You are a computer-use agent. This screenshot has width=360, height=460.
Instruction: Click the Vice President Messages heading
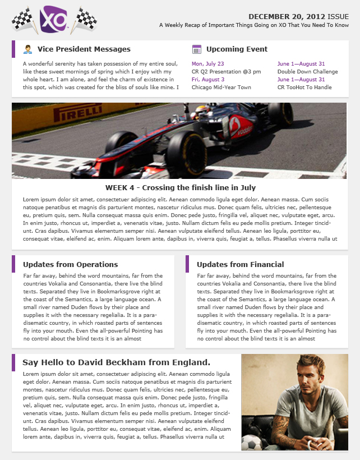(x=84, y=49)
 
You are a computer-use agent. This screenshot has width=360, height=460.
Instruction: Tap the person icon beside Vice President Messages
(x=27, y=49)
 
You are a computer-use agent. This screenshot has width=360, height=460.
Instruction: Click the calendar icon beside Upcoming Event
(x=196, y=49)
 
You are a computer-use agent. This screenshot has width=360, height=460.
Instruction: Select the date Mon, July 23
(x=207, y=64)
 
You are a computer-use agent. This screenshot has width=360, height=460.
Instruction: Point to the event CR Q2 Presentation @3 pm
(x=226, y=72)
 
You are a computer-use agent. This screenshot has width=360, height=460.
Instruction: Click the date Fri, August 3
(x=208, y=80)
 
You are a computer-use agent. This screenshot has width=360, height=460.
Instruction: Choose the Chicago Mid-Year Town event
(x=221, y=88)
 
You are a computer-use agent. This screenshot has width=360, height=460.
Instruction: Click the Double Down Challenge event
(x=307, y=72)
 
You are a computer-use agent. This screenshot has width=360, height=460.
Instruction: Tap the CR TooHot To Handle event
(x=304, y=88)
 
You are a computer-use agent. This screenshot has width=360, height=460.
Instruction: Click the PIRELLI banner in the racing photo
(x=78, y=114)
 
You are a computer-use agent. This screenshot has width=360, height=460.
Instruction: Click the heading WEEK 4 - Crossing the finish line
(x=180, y=187)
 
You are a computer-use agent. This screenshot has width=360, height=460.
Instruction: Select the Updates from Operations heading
(x=70, y=264)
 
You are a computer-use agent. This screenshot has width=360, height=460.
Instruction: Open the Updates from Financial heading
(x=240, y=264)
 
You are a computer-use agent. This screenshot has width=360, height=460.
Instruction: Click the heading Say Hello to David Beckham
(x=116, y=362)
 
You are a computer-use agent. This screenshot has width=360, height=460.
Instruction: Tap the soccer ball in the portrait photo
(x=251, y=444)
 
